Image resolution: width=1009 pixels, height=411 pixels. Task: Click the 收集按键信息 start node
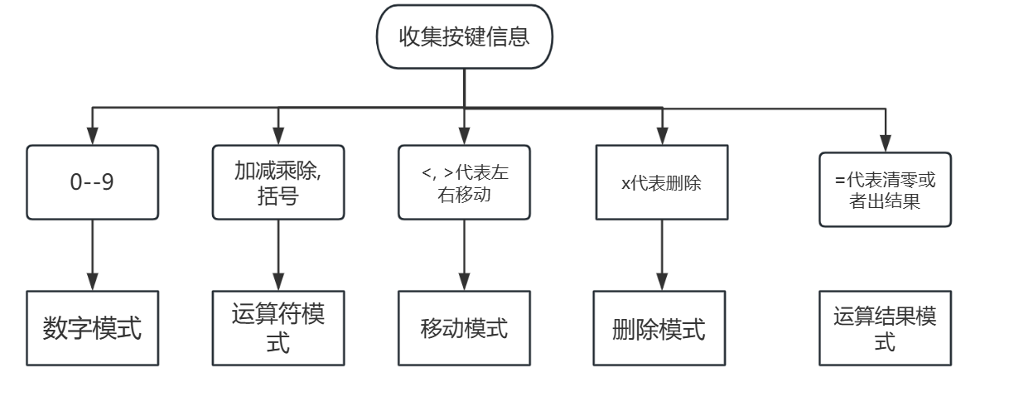464,37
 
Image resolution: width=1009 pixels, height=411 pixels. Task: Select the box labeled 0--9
91,182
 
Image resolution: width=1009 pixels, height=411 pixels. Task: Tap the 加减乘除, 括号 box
278,182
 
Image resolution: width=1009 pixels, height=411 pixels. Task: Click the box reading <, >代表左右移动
463,182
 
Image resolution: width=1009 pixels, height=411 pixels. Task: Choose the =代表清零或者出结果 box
886,190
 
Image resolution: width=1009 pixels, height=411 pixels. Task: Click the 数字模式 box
91,329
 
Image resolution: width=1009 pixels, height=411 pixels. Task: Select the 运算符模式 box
278,329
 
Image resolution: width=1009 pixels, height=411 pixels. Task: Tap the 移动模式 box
463,329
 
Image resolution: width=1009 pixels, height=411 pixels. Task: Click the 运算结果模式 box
886,329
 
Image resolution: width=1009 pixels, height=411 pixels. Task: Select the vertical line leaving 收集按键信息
464,88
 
